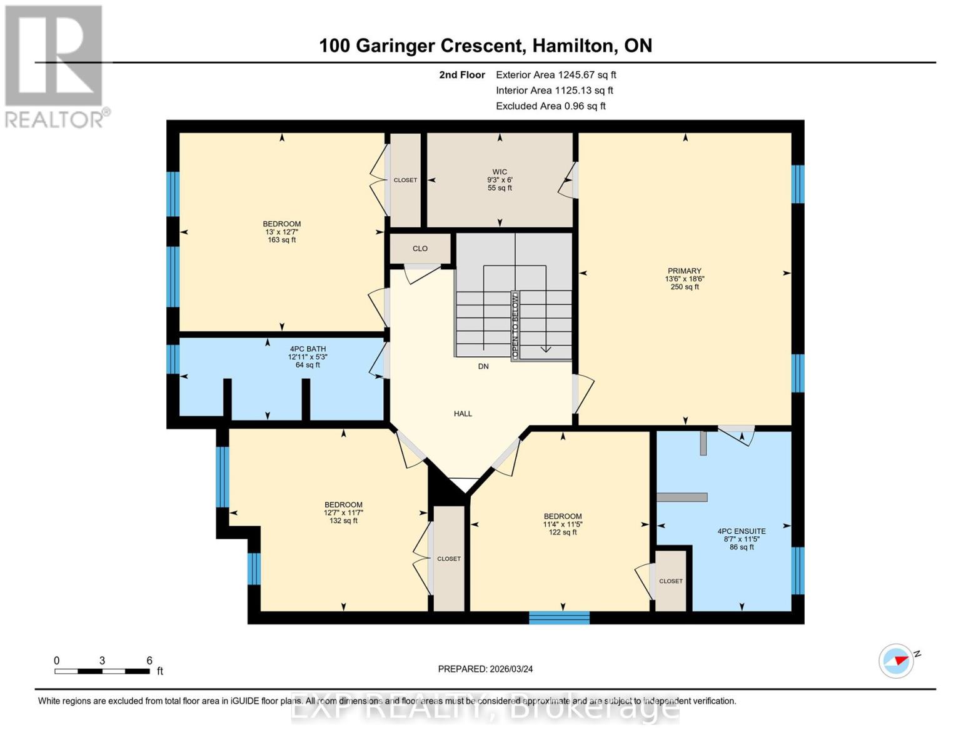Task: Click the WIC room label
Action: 500,172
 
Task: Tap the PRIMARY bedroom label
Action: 684,271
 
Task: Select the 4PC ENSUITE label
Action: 742,531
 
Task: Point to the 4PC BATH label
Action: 308,349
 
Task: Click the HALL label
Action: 463,414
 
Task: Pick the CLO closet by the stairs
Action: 420,249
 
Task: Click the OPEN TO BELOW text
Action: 515,324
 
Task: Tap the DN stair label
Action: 483,366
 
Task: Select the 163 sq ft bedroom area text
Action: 282,240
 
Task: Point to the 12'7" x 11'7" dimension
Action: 343,512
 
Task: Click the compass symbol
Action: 897,661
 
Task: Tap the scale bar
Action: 102,671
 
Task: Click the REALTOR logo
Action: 55,66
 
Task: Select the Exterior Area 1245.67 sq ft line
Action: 556,75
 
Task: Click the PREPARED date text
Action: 485,669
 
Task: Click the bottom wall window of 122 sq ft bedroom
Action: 559,617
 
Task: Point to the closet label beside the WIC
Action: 405,180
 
